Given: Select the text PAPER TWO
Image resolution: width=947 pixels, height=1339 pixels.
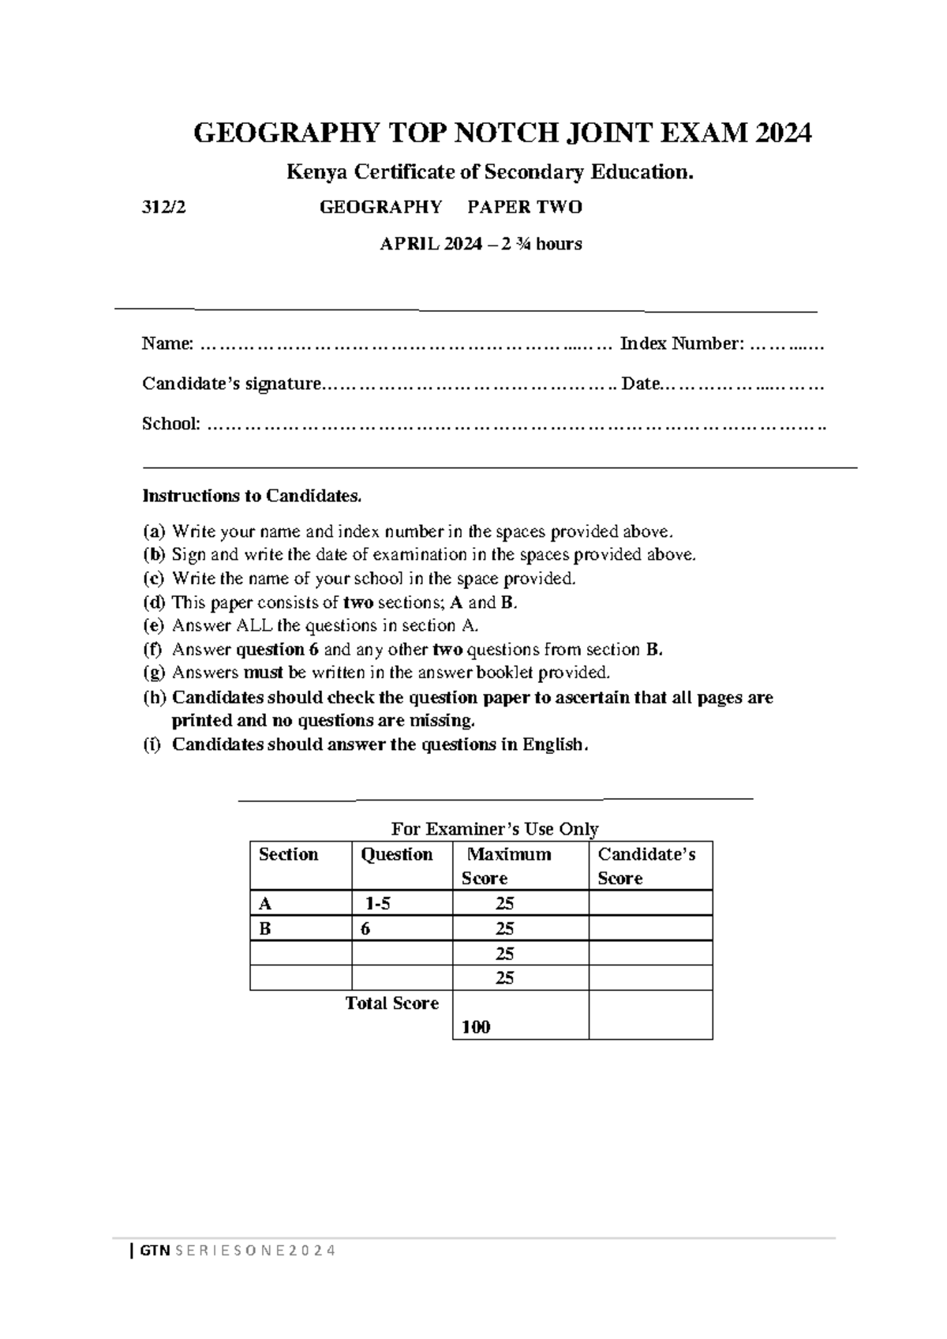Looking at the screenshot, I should coord(524,208).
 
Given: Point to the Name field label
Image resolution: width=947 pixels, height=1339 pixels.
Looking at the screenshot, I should coord(167,344).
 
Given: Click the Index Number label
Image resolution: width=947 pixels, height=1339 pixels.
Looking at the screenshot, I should coord(681,344).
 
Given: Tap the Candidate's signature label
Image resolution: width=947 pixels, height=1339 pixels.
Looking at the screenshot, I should coord(232,384).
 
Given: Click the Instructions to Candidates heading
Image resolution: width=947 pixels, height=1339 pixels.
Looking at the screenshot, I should coord(252,497).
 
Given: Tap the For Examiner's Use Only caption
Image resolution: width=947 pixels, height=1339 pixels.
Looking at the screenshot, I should coord(495,829).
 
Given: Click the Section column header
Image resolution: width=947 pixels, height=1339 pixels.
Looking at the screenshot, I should coord(288,854).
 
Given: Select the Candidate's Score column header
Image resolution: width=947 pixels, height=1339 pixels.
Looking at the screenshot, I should coord(646,866).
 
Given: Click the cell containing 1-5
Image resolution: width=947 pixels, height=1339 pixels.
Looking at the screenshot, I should coord(377,904).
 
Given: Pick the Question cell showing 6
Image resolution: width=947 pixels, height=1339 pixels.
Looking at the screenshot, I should coord(365,929).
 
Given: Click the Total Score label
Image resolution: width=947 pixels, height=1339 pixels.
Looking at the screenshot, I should coord(391,1003).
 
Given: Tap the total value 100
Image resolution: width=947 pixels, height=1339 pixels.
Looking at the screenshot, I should coord(476,1027).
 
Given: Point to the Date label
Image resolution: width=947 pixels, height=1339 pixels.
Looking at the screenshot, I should coord(640,384).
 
